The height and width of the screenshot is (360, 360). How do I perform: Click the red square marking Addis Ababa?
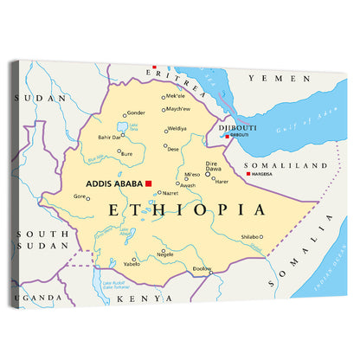[x=149, y=183]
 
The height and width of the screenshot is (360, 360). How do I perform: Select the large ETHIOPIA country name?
[x=185, y=209]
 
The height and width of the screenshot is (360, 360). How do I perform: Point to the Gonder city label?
[x=136, y=112]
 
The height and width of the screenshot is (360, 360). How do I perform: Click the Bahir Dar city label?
[x=110, y=137]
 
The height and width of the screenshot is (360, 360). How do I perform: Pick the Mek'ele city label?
[x=176, y=96]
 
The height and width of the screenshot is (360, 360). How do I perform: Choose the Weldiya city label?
[x=177, y=129]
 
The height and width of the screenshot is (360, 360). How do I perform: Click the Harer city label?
[x=222, y=182]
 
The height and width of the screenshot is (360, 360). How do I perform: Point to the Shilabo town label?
[x=249, y=236]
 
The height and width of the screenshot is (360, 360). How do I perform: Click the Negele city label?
[x=165, y=255]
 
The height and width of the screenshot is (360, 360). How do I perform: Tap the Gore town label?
[x=80, y=196]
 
